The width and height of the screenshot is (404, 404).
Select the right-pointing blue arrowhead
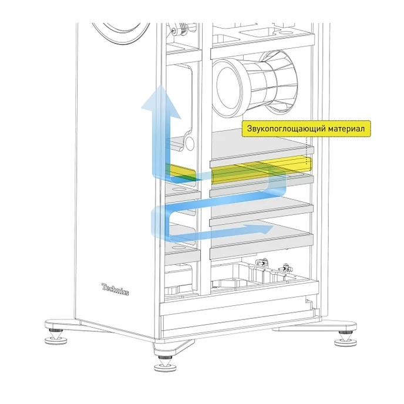click(x=267, y=228)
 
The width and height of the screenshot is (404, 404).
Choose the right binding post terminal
click(x=287, y=267)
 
